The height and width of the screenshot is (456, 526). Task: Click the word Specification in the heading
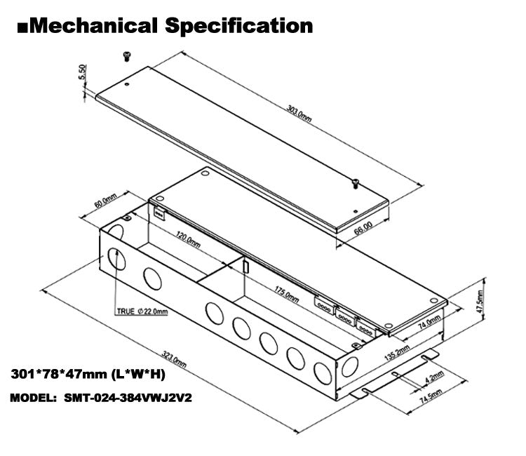coord(238,25)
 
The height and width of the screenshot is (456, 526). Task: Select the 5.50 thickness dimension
coord(82,74)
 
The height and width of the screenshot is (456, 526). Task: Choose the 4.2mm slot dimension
coord(435,377)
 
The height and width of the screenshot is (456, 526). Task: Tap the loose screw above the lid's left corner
coord(128,54)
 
